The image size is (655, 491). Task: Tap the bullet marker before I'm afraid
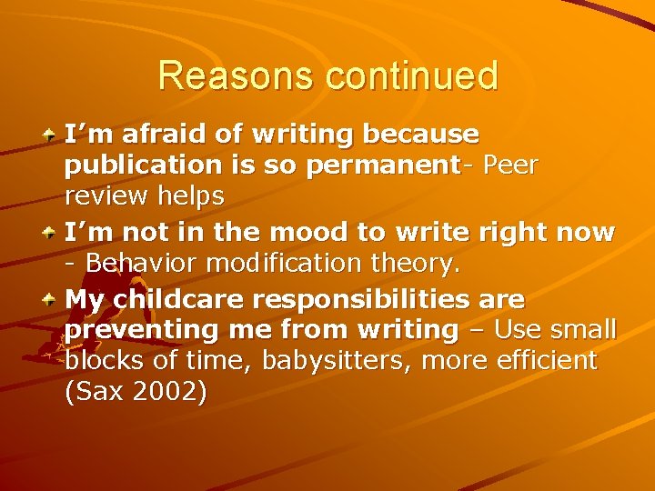[51, 135]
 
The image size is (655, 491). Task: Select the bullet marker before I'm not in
[51, 232]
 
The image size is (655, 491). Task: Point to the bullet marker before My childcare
[51, 297]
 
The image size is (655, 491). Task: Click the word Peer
[511, 167]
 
